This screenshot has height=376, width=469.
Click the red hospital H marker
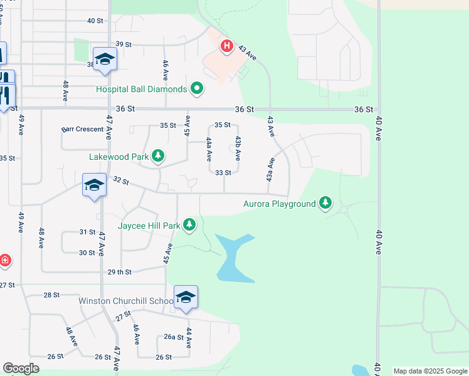point(227,46)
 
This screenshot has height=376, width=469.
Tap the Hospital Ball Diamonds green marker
point(198,89)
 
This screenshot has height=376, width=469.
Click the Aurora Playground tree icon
point(325,204)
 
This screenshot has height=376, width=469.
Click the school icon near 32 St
point(94,185)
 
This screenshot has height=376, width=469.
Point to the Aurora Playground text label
point(279,204)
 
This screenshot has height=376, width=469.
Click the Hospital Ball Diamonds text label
point(141,89)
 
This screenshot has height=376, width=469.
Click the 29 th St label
point(119,272)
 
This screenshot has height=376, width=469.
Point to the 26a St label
point(174,337)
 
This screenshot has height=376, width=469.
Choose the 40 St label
point(95,21)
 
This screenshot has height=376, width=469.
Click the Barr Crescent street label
point(83,129)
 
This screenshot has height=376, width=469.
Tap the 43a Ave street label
point(270,170)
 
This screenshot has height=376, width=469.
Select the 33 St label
point(223,172)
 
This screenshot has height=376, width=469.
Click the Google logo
point(21,368)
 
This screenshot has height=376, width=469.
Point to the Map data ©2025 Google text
point(430,371)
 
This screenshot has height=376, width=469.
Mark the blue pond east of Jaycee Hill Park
point(232,257)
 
